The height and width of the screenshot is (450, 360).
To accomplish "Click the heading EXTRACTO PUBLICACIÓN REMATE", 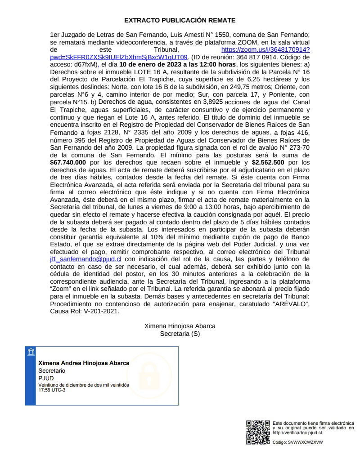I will click(180, 20).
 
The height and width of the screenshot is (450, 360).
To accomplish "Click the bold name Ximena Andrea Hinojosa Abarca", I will click(84, 363).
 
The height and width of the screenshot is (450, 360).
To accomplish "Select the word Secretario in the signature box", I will click(52, 371).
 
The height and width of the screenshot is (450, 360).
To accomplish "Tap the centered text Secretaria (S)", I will click(180, 334).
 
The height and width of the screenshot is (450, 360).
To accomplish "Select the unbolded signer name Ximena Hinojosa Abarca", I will click(180, 326).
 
